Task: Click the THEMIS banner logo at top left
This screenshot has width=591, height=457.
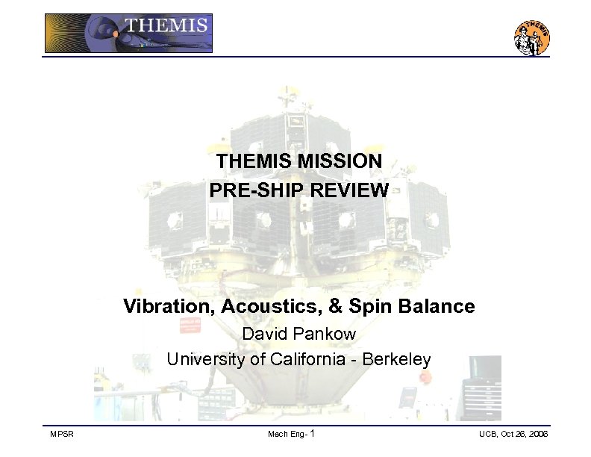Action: coord(128,34)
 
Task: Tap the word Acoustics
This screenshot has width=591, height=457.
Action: coord(255,306)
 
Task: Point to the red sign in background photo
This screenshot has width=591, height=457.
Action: coord(190,326)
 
